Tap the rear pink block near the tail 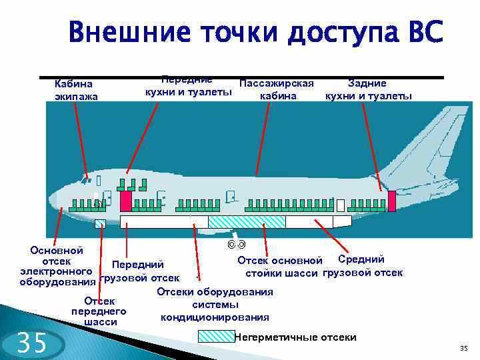392,201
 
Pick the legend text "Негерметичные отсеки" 295,337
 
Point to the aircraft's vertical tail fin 433,140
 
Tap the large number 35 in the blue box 31,343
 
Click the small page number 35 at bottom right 464,349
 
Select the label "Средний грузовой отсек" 362,266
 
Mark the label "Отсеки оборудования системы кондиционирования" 215,305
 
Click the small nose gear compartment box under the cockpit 100,223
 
